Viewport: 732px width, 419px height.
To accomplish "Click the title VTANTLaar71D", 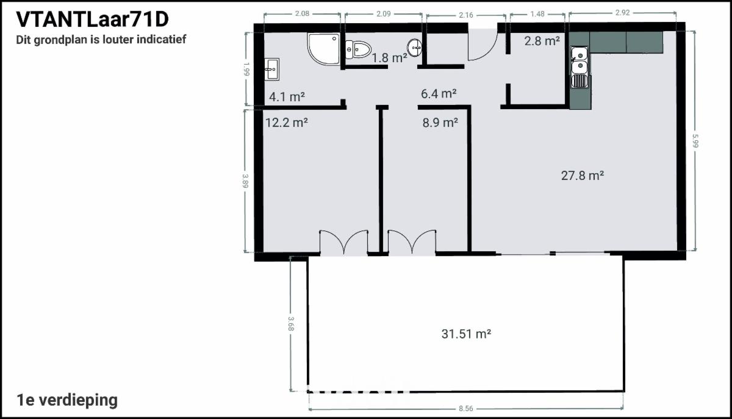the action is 93,20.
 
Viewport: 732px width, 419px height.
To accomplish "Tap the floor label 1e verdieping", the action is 67,400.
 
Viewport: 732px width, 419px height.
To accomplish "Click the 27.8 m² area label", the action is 583,176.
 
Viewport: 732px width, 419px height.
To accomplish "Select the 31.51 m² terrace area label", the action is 466,334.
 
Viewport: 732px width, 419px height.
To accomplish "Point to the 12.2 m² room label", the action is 286,123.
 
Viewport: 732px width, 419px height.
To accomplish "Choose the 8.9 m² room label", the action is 440,123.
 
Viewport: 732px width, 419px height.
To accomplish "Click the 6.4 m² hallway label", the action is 439,94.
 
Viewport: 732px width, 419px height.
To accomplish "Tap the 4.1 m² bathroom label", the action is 287,97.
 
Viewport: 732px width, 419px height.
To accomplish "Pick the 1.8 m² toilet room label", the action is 390,58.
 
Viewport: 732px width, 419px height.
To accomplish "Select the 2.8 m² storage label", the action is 542,41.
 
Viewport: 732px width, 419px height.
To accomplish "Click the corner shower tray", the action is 323,49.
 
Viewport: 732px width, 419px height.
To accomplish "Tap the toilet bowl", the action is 358,49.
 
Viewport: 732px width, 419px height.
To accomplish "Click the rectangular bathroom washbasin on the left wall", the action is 271,69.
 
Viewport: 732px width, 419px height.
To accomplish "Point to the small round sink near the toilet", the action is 415,48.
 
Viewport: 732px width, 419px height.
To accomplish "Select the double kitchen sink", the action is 579,66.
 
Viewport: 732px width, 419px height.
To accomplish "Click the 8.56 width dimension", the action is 465,409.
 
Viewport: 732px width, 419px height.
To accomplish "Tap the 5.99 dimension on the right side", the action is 695,141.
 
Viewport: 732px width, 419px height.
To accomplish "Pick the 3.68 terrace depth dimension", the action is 291,324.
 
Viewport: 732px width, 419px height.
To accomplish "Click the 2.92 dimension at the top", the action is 622,13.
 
